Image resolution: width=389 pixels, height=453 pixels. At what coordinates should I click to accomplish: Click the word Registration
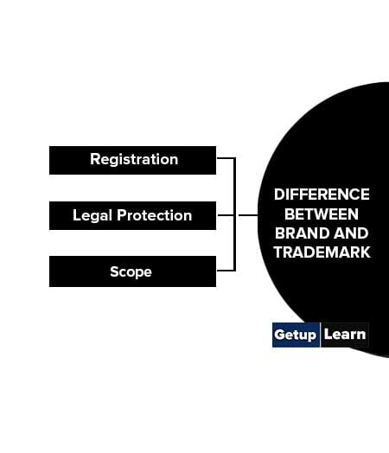(134, 160)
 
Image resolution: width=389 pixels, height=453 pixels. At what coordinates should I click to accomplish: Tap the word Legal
(92, 216)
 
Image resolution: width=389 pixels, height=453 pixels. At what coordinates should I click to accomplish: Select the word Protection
(155, 215)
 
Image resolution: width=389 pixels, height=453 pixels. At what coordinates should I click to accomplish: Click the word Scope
(131, 272)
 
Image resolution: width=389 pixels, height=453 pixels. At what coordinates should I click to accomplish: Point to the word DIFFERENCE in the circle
(322, 195)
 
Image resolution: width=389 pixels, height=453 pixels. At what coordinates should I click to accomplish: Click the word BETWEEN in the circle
(322, 214)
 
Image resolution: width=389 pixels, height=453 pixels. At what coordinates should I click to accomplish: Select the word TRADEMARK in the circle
(322, 252)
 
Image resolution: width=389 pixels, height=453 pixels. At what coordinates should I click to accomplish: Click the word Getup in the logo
(295, 335)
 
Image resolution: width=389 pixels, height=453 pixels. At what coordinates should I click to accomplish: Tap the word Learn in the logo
(345, 335)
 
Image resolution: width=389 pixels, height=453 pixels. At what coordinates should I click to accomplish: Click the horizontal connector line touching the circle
(248, 215)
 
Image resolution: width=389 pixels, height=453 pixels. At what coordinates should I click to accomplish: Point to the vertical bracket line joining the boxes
(234, 214)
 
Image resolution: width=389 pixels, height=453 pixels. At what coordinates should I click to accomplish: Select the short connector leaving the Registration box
(226, 158)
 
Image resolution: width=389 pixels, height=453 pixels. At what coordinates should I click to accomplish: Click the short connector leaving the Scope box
(226, 271)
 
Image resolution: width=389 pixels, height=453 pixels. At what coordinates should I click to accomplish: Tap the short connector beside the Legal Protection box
(226, 215)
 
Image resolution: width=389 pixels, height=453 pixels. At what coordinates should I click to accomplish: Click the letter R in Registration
(95, 159)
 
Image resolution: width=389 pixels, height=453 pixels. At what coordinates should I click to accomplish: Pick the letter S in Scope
(114, 271)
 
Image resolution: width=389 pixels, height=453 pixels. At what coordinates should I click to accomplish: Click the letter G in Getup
(279, 335)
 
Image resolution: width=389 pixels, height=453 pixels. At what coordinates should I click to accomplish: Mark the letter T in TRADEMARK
(278, 252)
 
